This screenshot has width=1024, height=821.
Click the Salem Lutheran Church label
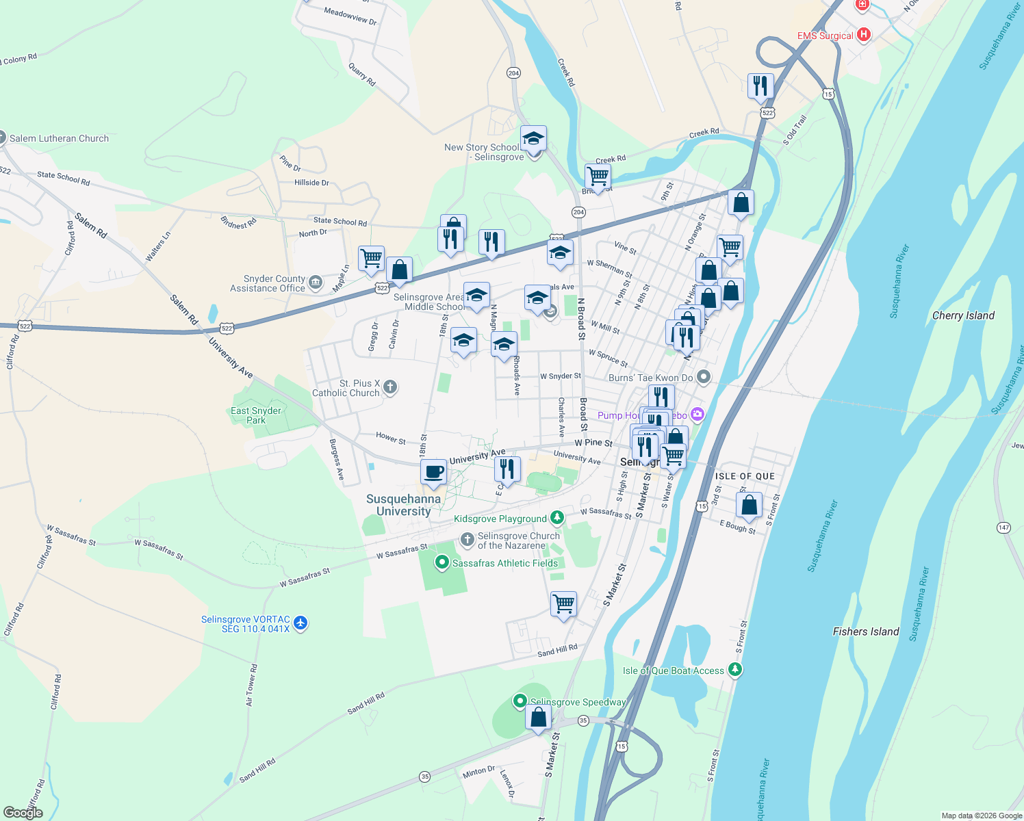59,138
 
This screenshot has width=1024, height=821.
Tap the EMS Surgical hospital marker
864,34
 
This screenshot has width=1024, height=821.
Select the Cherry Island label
963,315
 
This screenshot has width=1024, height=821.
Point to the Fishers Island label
865,631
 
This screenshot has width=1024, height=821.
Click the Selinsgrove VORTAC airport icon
300,623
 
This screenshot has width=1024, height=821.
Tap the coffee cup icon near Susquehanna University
433,472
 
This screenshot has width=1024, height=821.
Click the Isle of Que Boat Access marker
735,670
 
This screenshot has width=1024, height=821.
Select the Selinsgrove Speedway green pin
520,701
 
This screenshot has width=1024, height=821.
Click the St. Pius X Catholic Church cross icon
389,388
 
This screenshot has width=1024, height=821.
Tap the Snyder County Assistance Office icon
315,283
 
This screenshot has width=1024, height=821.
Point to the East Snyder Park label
256,415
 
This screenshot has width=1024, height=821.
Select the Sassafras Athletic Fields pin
442,563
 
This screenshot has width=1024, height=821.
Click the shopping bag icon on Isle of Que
749,505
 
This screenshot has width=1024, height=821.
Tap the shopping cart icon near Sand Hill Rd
563,603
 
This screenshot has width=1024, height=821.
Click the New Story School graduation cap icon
533,139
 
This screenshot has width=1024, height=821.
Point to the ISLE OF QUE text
745,476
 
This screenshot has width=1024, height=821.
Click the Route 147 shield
1003,527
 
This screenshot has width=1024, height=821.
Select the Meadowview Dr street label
350,16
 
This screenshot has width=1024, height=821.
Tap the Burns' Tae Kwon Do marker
703,378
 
